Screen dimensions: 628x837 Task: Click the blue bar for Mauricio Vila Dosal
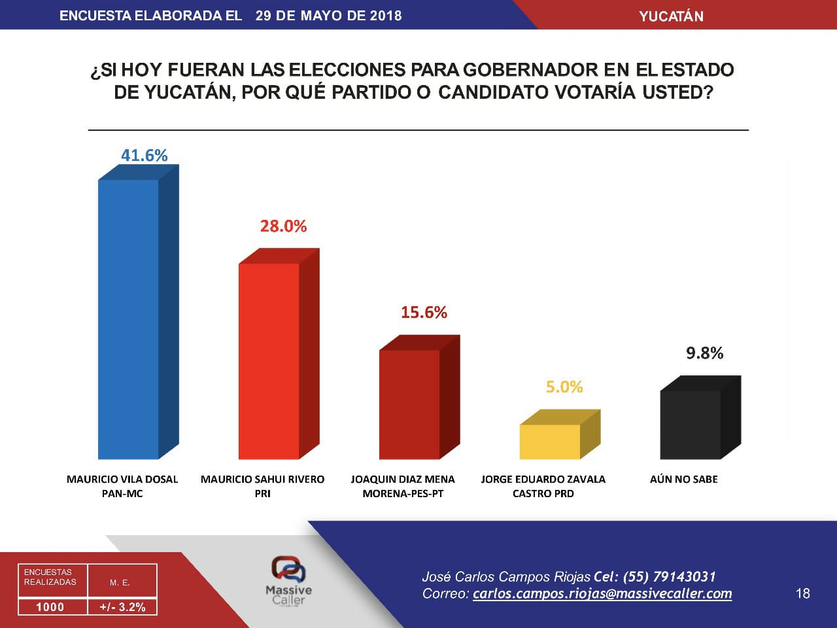tap(128, 319)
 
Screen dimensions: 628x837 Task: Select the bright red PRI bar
tap(269, 360)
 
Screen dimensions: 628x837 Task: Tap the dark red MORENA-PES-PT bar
tap(409, 404)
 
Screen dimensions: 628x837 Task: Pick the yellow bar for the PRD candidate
tap(550, 442)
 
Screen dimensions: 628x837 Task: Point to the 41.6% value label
tap(144, 155)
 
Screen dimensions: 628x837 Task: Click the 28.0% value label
tap(283, 226)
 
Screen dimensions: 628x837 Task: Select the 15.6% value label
tap(424, 312)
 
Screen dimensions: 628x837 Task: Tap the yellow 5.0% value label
tap(564, 387)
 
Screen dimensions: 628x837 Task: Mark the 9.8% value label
tap(704, 353)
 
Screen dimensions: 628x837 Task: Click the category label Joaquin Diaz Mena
tap(403, 479)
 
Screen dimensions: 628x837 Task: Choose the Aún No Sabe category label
tap(684, 479)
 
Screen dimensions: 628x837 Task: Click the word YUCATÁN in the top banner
tap(671, 16)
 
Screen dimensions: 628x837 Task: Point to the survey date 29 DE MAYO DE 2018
tap(328, 15)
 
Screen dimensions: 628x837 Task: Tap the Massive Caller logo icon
tap(288, 568)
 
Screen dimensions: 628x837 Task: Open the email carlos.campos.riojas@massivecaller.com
tap(602, 593)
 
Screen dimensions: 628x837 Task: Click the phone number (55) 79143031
tap(669, 576)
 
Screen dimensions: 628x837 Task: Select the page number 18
tap(803, 593)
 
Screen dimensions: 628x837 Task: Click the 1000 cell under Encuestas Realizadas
tap(50, 606)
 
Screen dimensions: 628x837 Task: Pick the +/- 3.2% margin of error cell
tap(122, 606)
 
